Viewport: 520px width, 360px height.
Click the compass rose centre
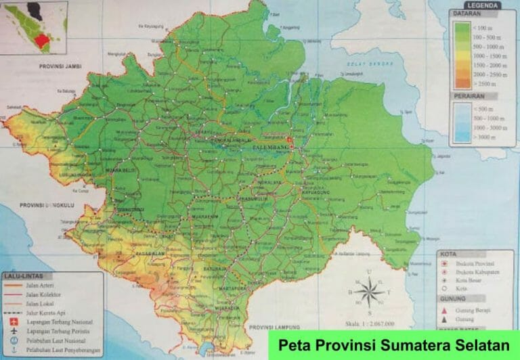369,293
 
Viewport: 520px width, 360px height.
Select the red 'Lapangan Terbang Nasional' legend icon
14,323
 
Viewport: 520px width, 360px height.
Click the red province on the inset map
41,40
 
